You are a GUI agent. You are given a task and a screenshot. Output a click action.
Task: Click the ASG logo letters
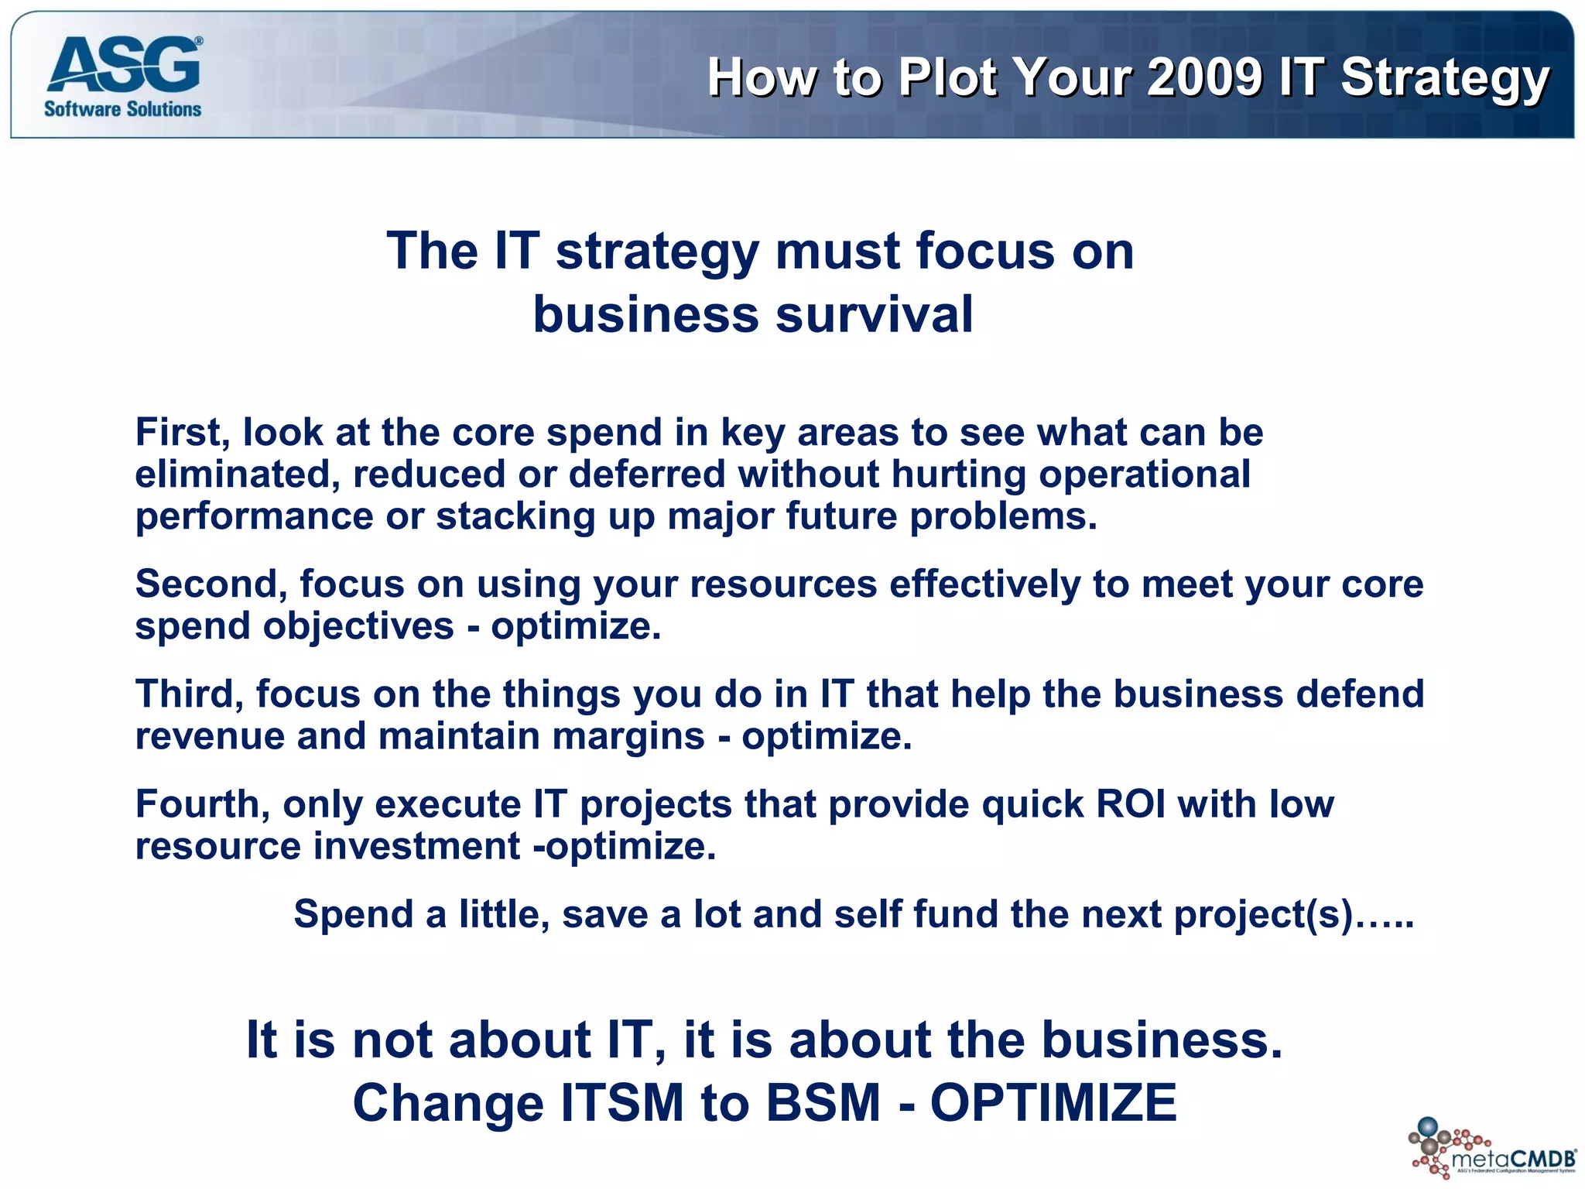click(x=124, y=66)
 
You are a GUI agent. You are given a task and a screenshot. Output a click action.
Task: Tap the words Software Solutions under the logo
click(x=122, y=109)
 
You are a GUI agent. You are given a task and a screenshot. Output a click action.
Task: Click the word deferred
click(x=647, y=474)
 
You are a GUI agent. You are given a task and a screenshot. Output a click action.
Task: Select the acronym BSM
click(x=823, y=1102)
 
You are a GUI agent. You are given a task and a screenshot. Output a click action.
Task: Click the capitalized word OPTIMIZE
click(x=1053, y=1102)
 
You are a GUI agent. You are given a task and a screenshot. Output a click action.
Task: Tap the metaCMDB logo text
click(x=1514, y=1159)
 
